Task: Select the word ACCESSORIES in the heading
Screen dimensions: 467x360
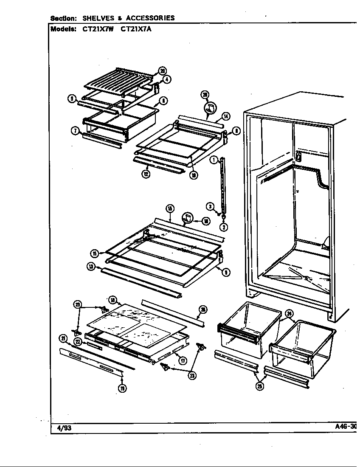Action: click(150, 18)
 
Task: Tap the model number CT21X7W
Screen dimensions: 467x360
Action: click(98, 29)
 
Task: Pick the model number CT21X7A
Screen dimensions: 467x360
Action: click(137, 29)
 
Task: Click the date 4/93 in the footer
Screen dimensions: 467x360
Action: click(64, 428)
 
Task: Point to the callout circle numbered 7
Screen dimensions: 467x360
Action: click(75, 131)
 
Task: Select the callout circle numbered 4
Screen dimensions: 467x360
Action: click(166, 79)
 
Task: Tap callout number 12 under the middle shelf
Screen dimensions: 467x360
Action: click(146, 174)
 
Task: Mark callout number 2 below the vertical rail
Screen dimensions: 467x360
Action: click(224, 226)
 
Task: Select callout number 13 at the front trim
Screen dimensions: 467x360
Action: click(91, 267)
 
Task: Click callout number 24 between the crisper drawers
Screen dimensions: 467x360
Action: click(289, 314)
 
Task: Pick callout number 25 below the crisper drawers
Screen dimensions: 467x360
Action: click(260, 385)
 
